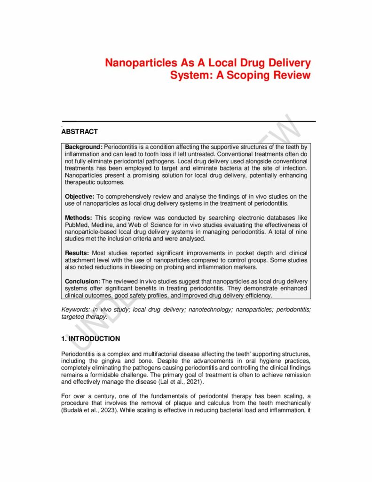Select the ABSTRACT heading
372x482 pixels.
(79, 132)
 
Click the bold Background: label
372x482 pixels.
(84, 147)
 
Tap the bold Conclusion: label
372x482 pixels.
(82, 281)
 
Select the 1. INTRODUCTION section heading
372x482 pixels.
(90, 338)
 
